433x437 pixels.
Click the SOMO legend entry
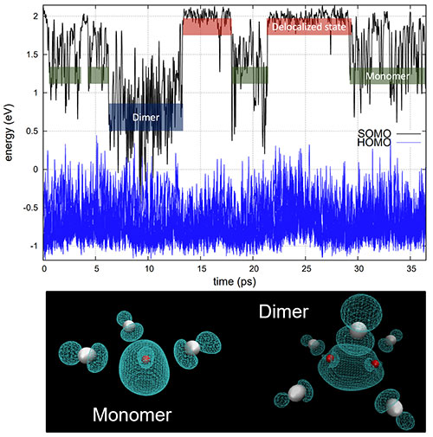(374, 133)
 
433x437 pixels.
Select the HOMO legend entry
(374, 143)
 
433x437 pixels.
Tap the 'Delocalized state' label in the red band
(309, 27)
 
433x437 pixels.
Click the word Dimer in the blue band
(145, 118)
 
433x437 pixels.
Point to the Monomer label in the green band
(388, 76)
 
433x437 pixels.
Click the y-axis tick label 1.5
(32, 55)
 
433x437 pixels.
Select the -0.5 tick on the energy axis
(30, 208)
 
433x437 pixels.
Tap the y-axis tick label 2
(36, 16)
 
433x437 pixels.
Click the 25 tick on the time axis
(306, 269)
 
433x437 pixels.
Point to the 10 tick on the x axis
(149, 269)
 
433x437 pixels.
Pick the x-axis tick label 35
(411, 269)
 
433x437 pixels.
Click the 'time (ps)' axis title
(235, 281)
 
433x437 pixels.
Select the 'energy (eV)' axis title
(9, 132)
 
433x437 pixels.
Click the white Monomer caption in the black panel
(132, 415)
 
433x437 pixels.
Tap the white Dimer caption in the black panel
(283, 312)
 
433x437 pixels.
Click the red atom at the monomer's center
(146, 359)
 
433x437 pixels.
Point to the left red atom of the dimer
(330, 358)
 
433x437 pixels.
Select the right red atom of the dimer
(375, 363)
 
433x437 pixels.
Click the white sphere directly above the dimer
(359, 331)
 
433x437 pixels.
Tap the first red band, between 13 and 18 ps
(207, 27)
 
